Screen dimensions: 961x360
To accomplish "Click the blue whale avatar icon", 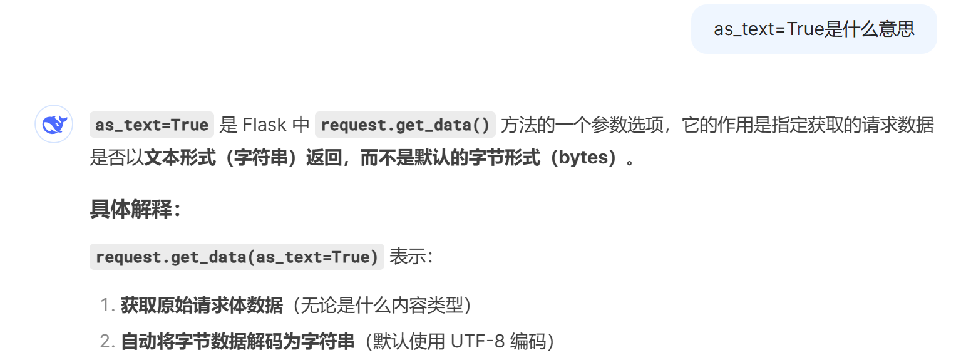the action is click(x=54, y=125).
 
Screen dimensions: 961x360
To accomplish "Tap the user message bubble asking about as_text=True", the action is click(x=814, y=29).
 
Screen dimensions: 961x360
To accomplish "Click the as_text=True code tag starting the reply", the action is click(x=152, y=125).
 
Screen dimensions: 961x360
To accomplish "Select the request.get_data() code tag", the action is click(x=405, y=125).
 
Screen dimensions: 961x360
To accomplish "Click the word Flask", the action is click(x=264, y=125).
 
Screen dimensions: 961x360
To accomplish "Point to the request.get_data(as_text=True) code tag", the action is click(x=237, y=257).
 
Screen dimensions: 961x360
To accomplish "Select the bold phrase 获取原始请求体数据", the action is click(x=202, y=306).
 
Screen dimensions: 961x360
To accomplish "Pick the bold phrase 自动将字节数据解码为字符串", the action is click(x=238, y=342).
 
